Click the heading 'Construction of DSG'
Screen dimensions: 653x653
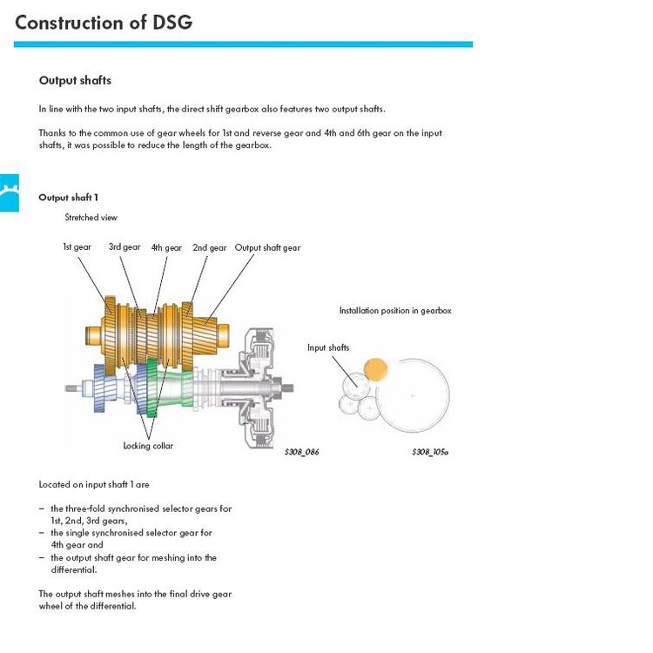coord(104,23)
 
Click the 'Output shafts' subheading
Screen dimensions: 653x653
coord(75,80)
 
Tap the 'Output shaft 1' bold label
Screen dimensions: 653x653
coord(68,198)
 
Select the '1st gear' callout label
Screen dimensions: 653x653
coord(77,247)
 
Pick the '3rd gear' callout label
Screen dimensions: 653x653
coord(125,247)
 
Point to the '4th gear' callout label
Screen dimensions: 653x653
coord(166,248)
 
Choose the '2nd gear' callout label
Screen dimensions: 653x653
coord(210,248)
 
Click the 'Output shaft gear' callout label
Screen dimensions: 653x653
coord(267,248)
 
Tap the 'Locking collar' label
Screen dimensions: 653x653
coord(148,446)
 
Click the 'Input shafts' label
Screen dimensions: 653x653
coord(328,347)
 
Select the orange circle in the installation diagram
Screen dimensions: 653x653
coord(375,370)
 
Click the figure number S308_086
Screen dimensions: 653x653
coord(302,452)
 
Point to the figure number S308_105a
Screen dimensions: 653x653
coord(430,452)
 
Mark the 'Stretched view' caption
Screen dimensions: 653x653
coord(91,218)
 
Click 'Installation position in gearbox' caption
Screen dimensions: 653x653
coord(395,311)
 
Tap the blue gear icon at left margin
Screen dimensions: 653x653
coord(10,192)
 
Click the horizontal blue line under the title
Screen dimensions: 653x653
coord(243,44)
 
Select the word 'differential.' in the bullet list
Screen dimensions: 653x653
coord(74,569)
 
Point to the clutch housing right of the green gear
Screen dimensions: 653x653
coord(256,388)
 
